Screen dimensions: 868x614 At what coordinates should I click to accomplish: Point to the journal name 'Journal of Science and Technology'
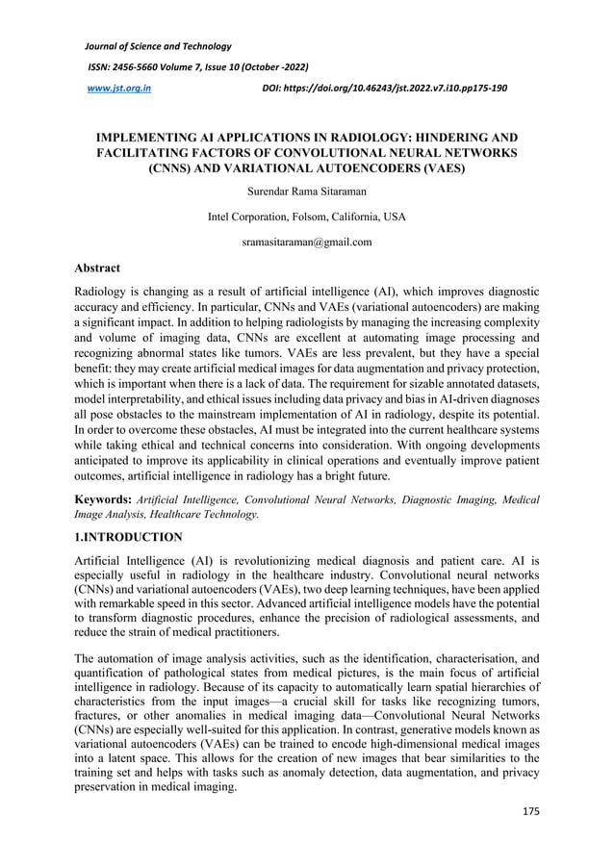click(159, 45)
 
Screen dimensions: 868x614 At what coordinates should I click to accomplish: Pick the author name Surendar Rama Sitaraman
click(306, 191)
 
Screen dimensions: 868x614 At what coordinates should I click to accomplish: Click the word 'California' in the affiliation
click(356, 217)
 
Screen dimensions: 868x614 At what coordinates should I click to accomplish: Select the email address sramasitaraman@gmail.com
click(306, 242)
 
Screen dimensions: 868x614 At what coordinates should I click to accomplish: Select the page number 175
click(530, 809)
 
